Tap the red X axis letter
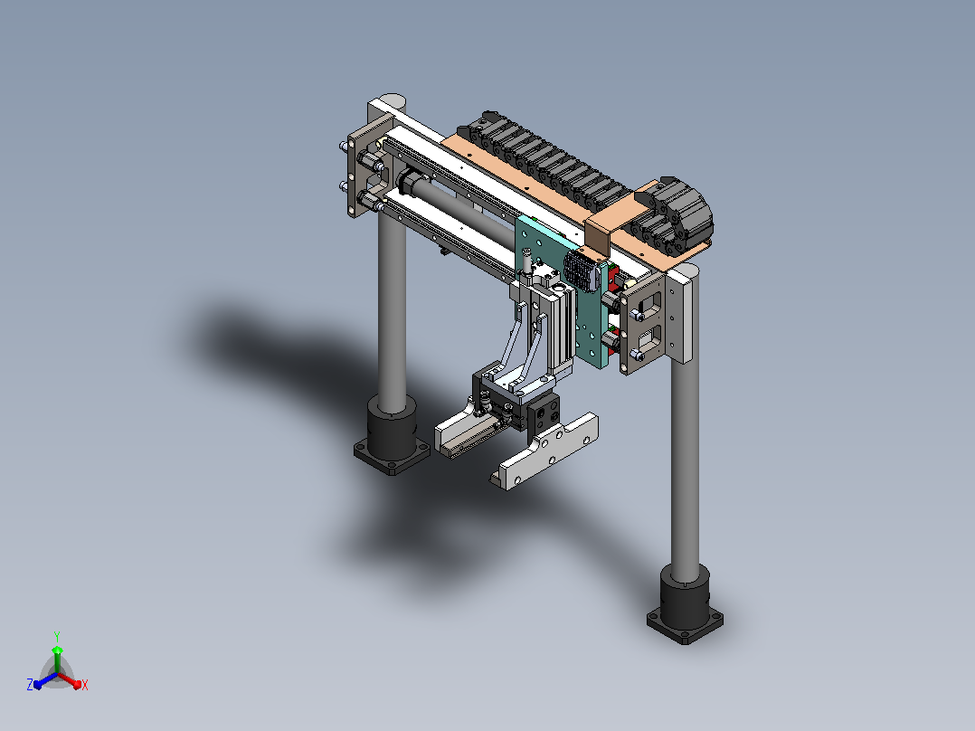(85, 685)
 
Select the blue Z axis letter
(30, 685)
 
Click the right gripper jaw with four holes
(546, 451)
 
